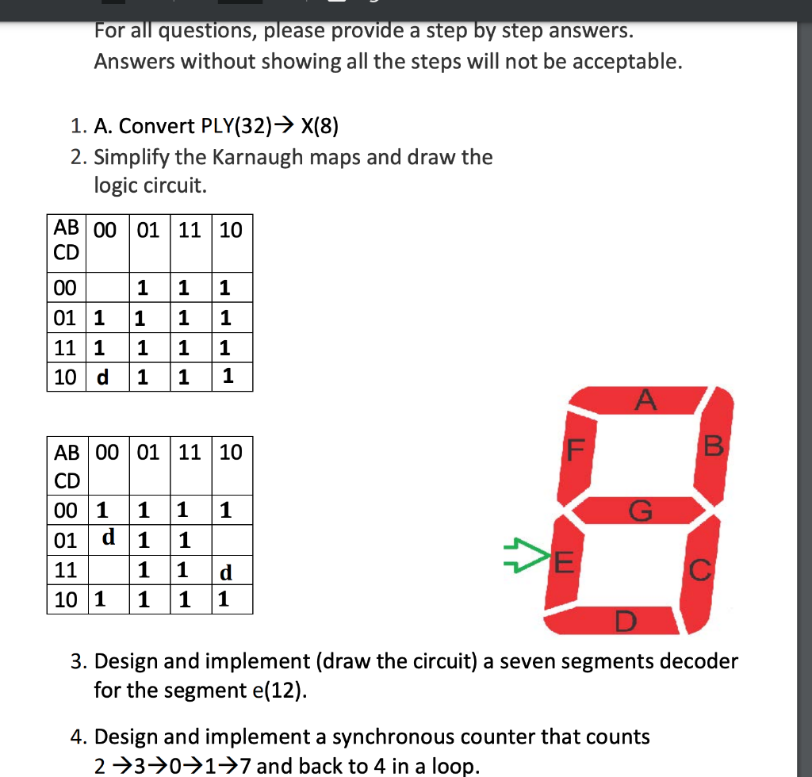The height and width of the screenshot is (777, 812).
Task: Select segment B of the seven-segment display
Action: point(711,448)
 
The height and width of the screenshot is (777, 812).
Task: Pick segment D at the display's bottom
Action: point(623,620)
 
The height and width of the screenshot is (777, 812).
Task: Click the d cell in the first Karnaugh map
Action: point(102,377)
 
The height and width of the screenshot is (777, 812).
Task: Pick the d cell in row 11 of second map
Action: point(226,571)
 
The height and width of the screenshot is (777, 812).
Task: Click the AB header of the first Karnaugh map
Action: point(66,228)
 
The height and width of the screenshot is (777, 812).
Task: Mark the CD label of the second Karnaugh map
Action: point(67,480)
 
